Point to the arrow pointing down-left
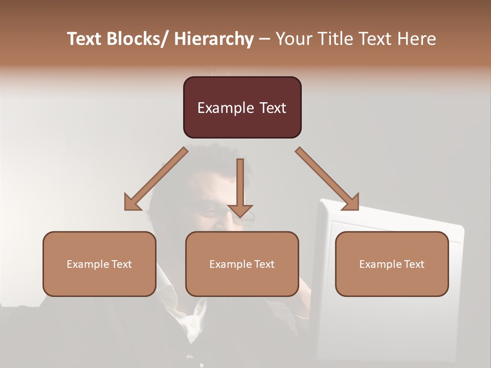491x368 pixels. [156, 179]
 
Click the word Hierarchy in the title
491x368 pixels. [213, 39]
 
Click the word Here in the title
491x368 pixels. [415, 39]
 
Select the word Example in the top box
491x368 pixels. [226, 108]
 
